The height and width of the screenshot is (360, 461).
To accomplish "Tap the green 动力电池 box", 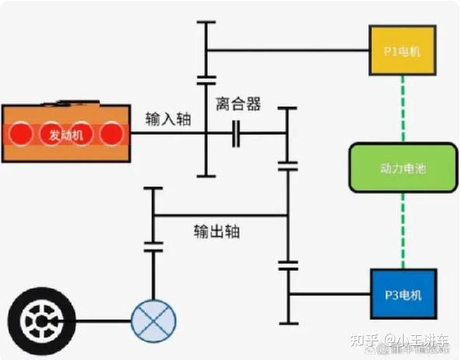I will [x=402, y=168].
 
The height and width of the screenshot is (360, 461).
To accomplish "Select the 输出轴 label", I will [x=217, y=232].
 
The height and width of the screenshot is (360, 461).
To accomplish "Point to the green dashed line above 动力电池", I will [x=402, y=108].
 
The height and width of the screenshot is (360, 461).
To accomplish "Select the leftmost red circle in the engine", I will [x=20, y=135].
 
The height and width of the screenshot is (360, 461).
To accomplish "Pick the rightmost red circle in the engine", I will [x=112, y=135].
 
